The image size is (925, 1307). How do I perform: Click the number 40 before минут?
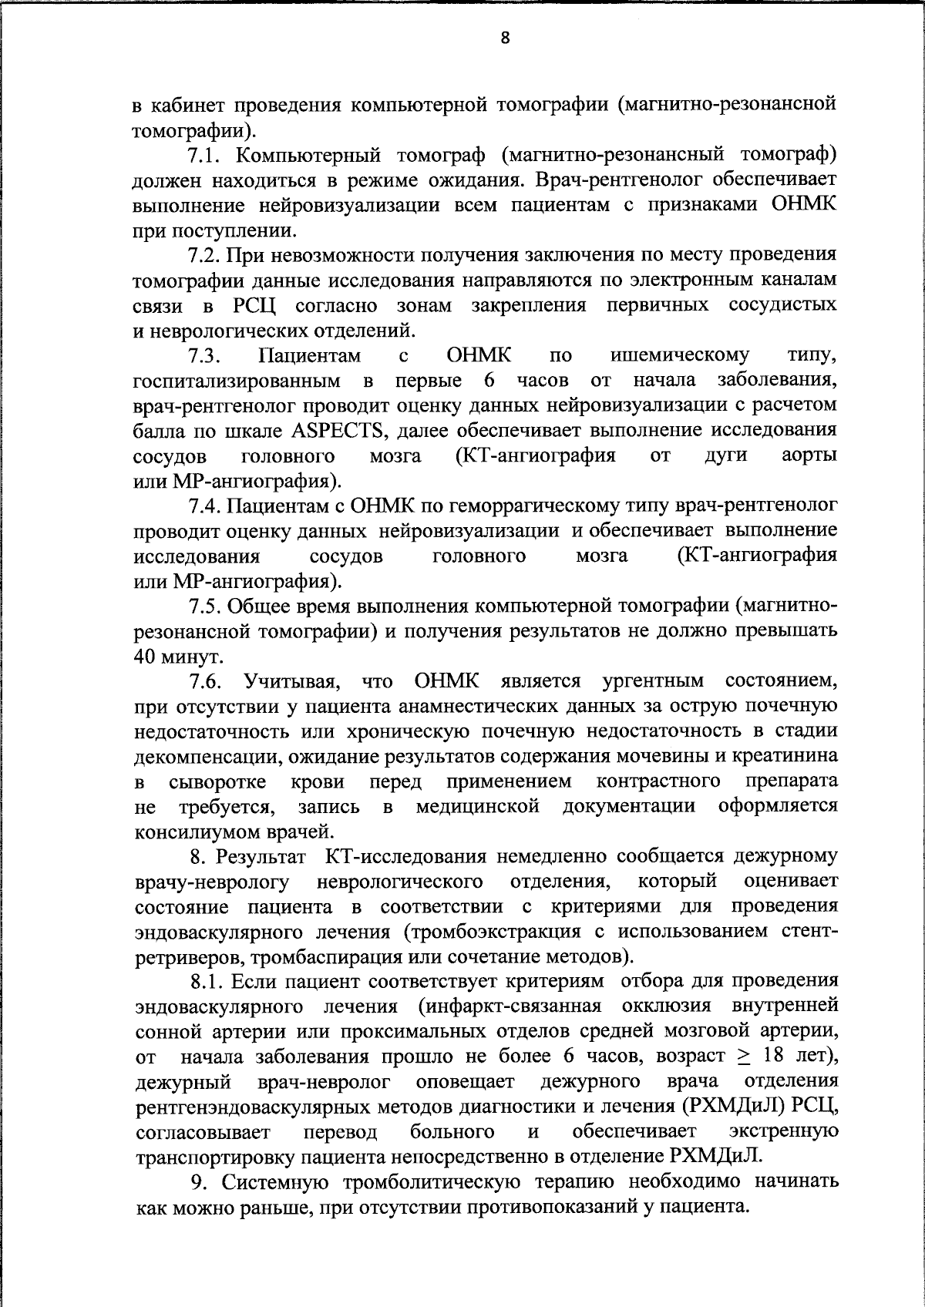146,657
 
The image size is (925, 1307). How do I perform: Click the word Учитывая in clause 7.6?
292,681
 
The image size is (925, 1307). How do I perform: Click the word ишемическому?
679,355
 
